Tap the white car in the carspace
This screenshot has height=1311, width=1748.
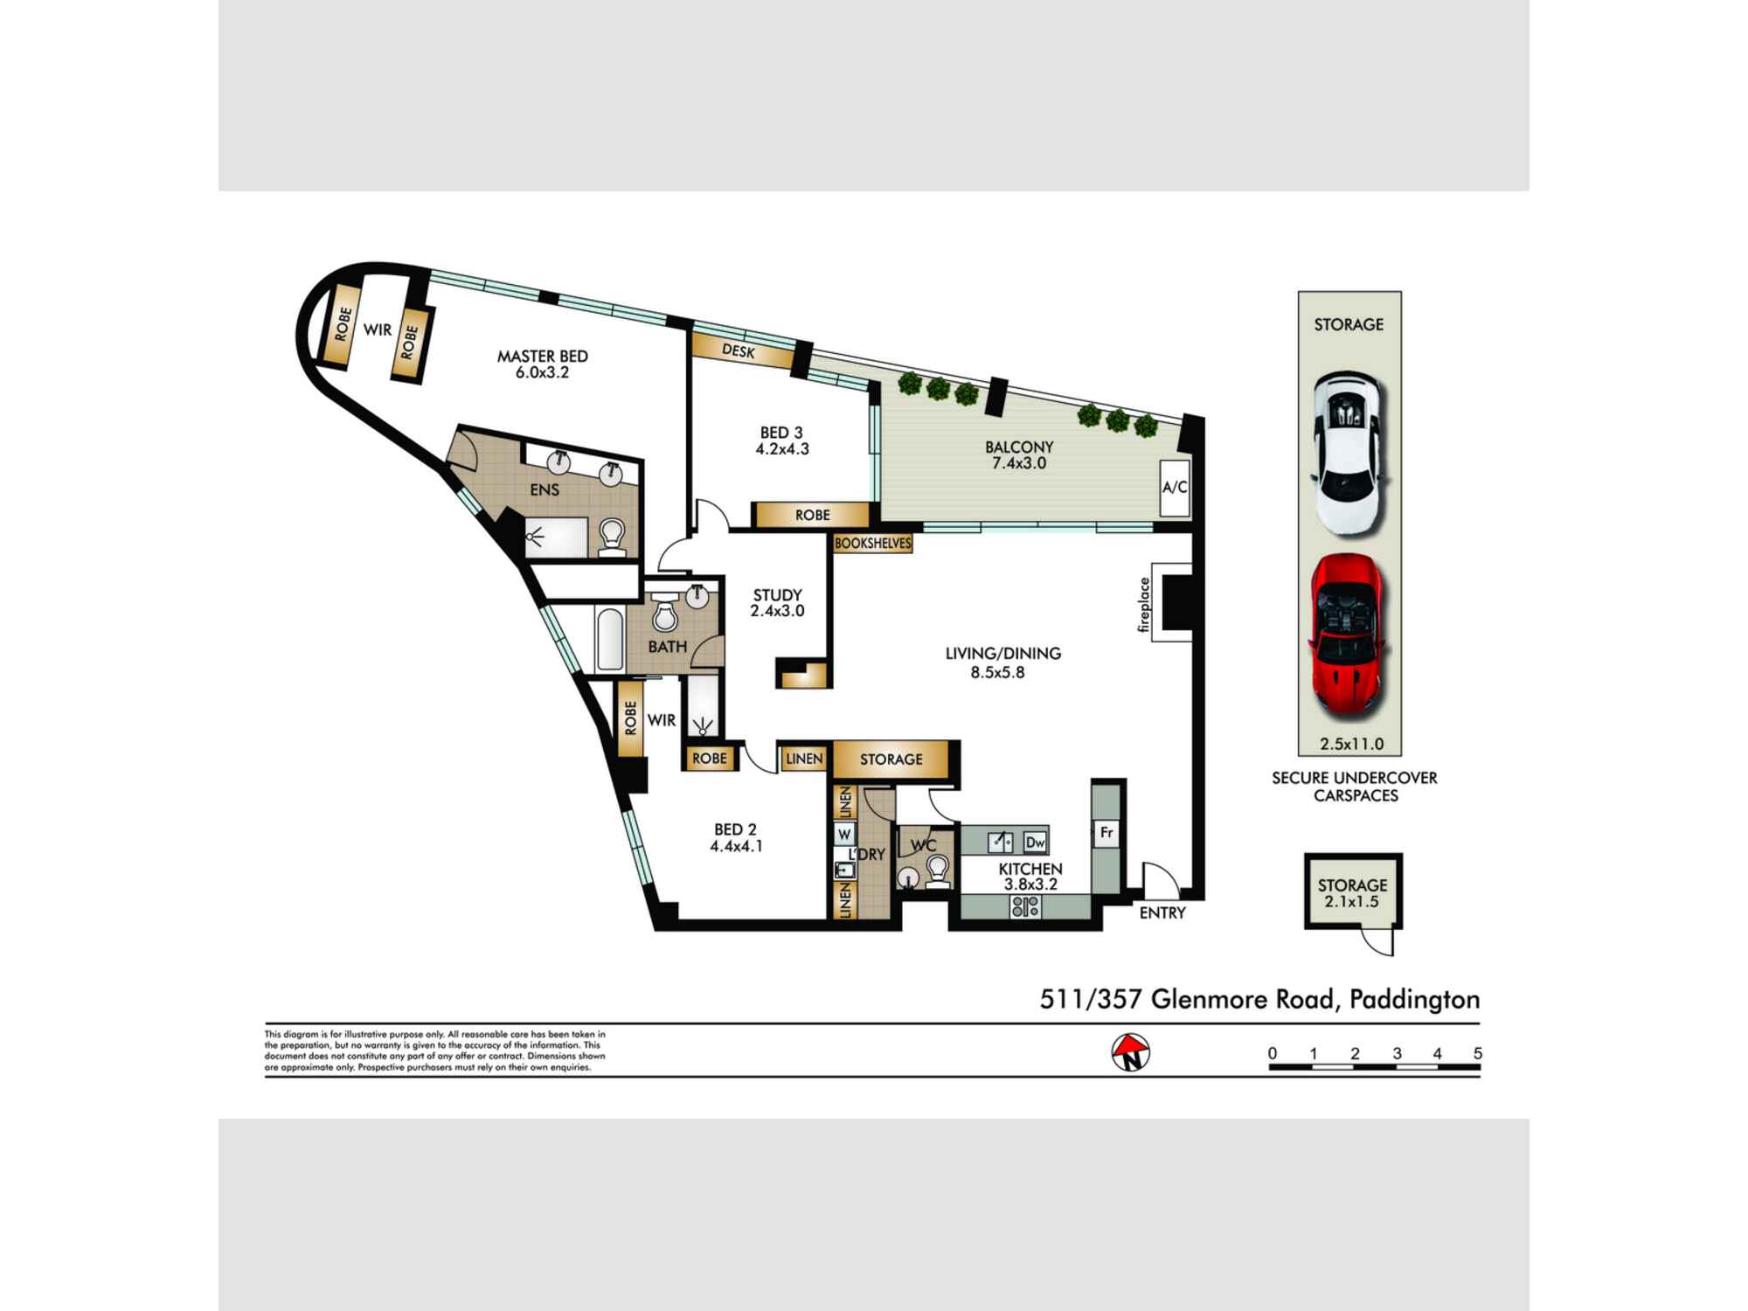[x=1349, y=453]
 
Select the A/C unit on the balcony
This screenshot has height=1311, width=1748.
[x=1175, y=487]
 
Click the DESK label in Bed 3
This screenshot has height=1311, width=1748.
[x=739, y=350]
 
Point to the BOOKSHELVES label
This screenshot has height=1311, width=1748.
[x=873, y=543]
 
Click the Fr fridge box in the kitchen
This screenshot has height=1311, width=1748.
[x=1106, y=832]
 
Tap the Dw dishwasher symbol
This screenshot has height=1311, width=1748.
[x=1035, y=842]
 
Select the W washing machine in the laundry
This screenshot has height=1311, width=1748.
[x=844, y=835]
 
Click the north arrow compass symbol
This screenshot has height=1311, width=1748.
[x=1131, y=1053]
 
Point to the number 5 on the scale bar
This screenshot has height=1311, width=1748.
[x=1478, y=1053]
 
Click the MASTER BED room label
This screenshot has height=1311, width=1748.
[x=543, y=357]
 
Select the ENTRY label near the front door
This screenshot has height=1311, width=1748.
[x=1162, y=912]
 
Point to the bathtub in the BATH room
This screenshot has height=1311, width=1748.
[x=610, y=640]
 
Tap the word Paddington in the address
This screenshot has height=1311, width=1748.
[x=1415, y=1000]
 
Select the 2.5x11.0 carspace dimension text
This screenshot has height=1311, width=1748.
[x=1352, y=745]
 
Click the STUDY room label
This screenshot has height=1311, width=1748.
[x=778, y=595]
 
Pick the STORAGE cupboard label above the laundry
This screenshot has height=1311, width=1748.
[x=891, y=760]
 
